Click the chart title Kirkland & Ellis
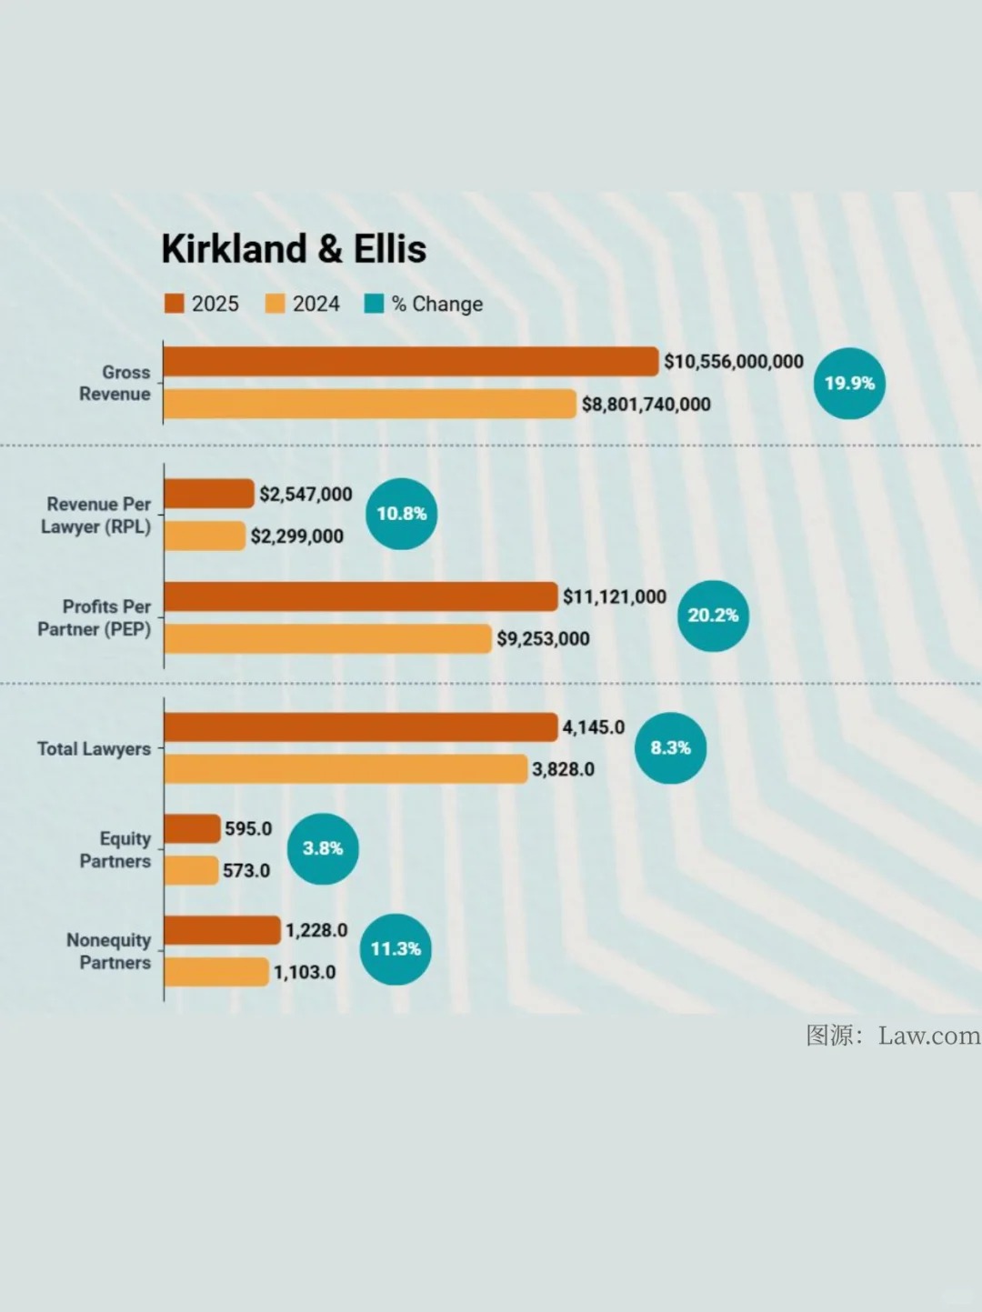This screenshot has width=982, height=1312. click(294, 248)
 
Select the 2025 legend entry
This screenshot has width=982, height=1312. click(202, 304)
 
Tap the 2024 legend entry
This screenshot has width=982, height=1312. click(303, 304)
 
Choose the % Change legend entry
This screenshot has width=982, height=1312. click(424, 304)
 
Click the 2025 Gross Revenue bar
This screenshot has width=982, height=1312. click(411, 362)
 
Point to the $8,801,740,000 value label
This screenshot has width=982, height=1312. click(646, 405)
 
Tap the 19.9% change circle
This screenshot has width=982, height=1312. click(849, 383)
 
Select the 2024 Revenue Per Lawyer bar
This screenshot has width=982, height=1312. click(205, 536)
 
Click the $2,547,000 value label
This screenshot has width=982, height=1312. click(306, 495)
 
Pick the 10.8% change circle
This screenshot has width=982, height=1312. click(402, 514)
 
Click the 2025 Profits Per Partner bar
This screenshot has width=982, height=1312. click(361, 596)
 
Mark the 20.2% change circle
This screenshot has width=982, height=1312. click(713, 616)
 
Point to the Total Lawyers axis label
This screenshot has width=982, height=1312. click(94, 749)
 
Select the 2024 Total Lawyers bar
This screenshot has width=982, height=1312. click(346, 768)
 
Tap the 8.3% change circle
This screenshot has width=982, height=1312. click(671, 747)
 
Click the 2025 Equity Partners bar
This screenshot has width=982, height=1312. click(192, 828)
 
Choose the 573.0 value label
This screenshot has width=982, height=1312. click(246, 871)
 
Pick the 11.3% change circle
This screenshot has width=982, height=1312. click(396, 949)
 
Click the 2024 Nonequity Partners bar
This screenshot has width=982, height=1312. click(216, 972)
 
